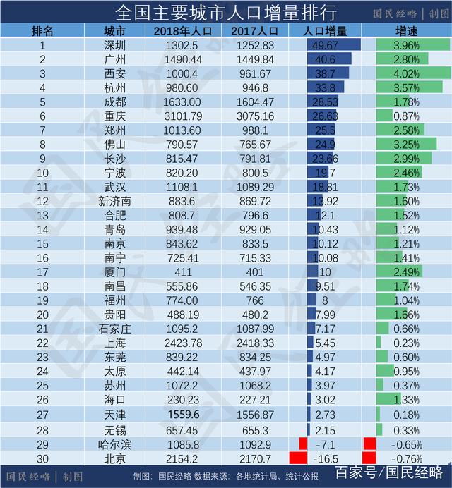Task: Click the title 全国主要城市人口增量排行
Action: (215, 12)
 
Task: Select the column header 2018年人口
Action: (182, 31)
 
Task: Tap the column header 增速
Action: (405, 31)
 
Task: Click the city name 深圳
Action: (114, 45)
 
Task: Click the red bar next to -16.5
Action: (299, 458)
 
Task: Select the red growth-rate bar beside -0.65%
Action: (369, 444)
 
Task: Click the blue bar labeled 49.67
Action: (333, 45)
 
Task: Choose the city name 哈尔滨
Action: (114, 444)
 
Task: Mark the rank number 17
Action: (42, 272)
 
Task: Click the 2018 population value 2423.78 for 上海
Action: (182, 342)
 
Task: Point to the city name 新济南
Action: (114, 201)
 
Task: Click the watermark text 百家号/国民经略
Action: (389, 472)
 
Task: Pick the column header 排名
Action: (42, 31)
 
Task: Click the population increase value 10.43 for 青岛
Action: (324, 229)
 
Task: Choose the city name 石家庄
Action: (114, 328)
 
